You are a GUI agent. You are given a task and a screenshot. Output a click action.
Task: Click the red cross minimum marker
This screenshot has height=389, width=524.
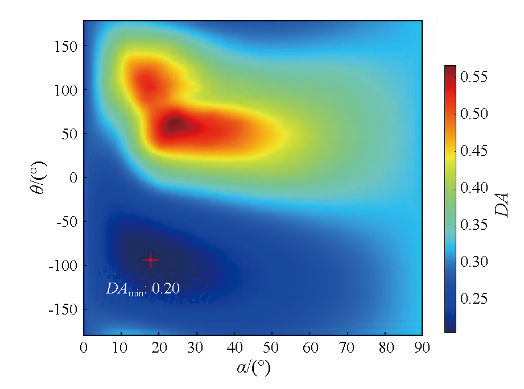click(x=151, y=260)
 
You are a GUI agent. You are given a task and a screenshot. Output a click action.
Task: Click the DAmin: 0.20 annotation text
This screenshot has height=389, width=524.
click(x=143, y=289)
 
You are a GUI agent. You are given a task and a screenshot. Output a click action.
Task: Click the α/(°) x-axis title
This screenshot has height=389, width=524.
click(x=253, y=368)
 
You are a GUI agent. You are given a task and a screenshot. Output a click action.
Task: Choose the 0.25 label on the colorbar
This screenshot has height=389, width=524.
click(x=475, y=299)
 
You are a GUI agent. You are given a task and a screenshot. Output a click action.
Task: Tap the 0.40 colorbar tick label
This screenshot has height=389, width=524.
click(x=475, y=188)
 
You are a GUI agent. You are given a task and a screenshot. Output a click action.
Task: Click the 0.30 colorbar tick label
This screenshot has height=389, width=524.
click(x=475, y=262)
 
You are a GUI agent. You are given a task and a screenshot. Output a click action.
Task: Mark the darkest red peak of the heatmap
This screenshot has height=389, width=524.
click(x=174, y=123)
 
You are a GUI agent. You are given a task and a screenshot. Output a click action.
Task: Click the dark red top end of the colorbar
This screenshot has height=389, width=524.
click(x=450, y=69)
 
